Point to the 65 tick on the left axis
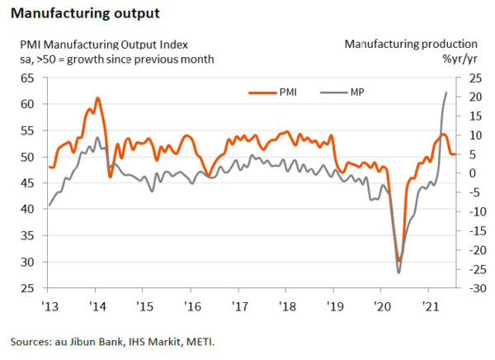point(26,78)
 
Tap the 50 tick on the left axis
point(26,157)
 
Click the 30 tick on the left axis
point(26,262)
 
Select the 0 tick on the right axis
point(469,173)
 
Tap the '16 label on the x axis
point(191,306)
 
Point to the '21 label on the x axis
point(428,306)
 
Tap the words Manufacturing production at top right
point(411,44)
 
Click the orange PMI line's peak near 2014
point(97,98)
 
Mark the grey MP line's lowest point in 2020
point(398,272)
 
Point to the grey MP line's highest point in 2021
point(446,92)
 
